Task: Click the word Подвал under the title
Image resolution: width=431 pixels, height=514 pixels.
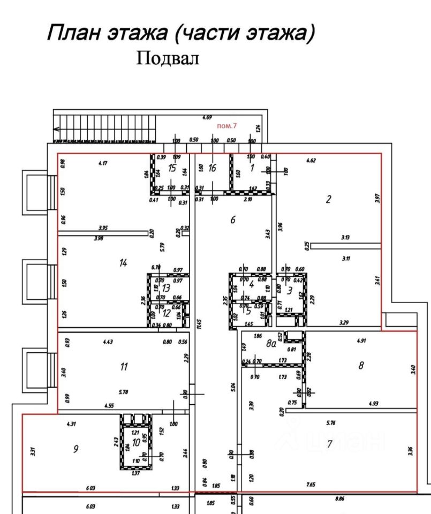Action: pos(168,58)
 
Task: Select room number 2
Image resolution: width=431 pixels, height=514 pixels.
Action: pos(328,200)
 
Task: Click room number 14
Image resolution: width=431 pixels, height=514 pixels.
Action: pos(124,262)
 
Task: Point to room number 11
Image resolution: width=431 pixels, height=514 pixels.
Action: pos(124,367)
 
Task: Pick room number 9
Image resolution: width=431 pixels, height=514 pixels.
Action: pos(76,449)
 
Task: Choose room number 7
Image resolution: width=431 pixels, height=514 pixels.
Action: pos(330,443)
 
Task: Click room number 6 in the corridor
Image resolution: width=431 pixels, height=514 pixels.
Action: pos(233,219)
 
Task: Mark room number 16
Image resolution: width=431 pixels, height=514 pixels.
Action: pos(212,168)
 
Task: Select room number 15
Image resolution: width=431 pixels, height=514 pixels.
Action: pos(171,168)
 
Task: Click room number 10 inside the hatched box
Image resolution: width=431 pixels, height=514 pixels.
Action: pos(137,442)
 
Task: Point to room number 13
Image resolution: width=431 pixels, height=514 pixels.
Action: pos(166,288)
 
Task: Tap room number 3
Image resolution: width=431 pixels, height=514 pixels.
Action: pos(290,291)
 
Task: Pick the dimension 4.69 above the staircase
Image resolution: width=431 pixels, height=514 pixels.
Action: pos(207,117)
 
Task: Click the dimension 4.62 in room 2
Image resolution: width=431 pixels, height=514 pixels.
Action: pos(312,160)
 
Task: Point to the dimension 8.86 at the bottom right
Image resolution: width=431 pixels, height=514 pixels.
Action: pos(339,498)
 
